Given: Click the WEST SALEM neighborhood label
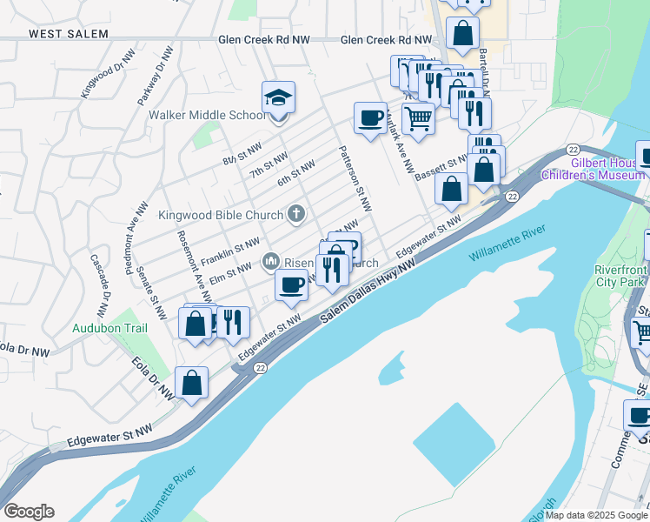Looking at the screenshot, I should click(69, 34).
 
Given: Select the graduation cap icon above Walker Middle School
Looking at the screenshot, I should click(278, 97).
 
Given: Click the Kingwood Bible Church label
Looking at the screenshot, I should click(221, 215).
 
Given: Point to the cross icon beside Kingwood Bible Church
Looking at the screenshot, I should click(295, 213).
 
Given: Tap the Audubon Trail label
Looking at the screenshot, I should click(109, 328).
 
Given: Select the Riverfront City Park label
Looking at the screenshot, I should click(620, 276).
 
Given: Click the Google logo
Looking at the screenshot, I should click(29, 512).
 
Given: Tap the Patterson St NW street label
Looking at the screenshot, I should click(355, 177).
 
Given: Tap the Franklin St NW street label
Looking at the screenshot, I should click(230, 251).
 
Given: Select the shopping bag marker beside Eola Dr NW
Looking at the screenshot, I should click(191, 384).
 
